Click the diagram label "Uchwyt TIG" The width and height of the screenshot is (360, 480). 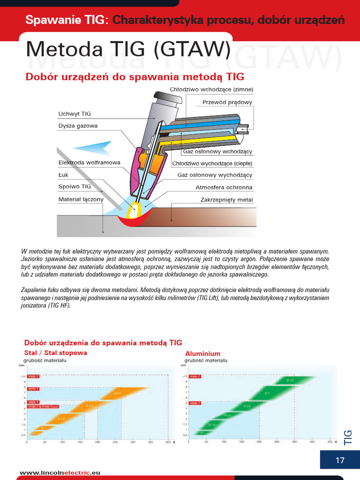[x=75, y=114]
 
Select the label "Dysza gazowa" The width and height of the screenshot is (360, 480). [x=78, y=126]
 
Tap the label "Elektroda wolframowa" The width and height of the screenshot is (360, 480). [x=89, y=163]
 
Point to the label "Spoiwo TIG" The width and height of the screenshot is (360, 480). [x=75, y=187]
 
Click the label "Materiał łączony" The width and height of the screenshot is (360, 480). [x=81, y=199]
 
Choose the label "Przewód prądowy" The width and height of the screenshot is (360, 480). [x=227, y=102]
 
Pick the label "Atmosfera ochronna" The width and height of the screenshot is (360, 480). [x=224, y=187]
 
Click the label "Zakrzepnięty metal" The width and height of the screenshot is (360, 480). [x=226, y=200]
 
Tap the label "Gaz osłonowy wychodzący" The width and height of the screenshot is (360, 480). [x=215, y=175]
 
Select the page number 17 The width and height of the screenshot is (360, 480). [x=340, y=460]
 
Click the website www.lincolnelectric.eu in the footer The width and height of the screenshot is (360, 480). [x=60, y=473]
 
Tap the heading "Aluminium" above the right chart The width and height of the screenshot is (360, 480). [x=202, y=353]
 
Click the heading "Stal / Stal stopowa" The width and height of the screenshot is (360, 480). [x=55, y=352]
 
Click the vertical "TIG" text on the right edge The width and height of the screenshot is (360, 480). [x=348, y=437]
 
